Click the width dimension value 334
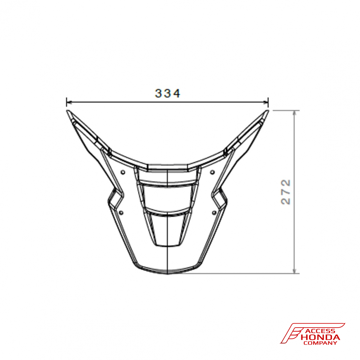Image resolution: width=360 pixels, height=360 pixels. (x=167, y=93)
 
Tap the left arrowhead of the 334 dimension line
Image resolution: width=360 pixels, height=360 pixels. (x=68, y=102)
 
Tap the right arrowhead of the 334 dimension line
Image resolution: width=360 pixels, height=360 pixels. (x=267, y=102)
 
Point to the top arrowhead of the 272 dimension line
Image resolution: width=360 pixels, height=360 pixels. (x=295, y=112)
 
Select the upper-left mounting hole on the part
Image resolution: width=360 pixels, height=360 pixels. (x=123, y=172)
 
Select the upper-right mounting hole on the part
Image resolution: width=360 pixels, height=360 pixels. (x=212, y=172)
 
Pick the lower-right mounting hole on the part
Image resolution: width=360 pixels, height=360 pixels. (x=215, y=212)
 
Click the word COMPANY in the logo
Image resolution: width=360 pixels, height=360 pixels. (x=320, y=343)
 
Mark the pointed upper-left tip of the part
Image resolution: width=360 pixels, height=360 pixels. (x=67, y=111)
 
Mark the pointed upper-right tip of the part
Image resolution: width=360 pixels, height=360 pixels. (x=268, y=111)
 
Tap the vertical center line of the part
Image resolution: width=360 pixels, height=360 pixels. (x=168, y=252)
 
